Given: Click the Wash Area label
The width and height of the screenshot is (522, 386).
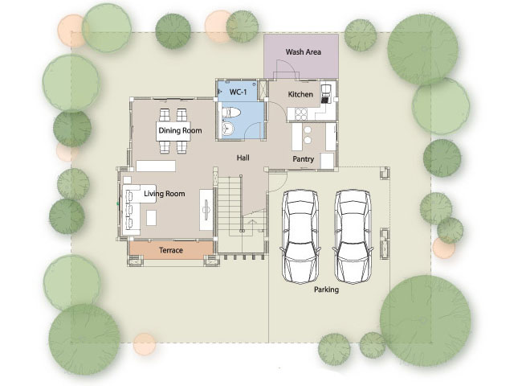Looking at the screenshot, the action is coord(303,52).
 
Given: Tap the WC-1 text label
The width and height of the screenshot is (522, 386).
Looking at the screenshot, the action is coord(238,92).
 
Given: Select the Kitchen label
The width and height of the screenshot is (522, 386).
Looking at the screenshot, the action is coord(300,94).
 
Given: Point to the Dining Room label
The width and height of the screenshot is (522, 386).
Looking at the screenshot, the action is coord(180,130).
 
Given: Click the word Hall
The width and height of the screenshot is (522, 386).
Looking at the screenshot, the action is coord(243,158).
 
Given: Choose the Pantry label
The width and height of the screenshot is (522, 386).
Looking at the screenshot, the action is coord(303,159).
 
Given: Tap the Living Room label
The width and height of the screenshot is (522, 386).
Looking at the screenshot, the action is coord(164,194).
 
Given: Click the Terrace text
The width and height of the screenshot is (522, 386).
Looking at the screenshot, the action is coord(171,250).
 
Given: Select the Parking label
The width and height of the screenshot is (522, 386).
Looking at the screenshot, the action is coord(326,289).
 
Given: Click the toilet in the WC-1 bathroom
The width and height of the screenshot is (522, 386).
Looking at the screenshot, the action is coord(230,113).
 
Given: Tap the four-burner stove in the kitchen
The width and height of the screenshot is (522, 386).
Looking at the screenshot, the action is coord(301,114).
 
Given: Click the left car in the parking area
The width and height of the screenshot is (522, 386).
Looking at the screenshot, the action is coord(300,236).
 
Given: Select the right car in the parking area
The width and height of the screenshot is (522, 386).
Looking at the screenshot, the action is coord(353,236).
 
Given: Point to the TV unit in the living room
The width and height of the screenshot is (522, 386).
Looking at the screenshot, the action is coord(206,210).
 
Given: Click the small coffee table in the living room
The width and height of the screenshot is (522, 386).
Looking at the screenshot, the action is coord(152,219).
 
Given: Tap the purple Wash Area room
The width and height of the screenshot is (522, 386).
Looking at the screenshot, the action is coord(301,56).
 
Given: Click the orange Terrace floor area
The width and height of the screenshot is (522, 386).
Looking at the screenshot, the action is coord(171,250).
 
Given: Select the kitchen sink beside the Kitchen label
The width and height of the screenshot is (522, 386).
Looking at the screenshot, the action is coord(326,93).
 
